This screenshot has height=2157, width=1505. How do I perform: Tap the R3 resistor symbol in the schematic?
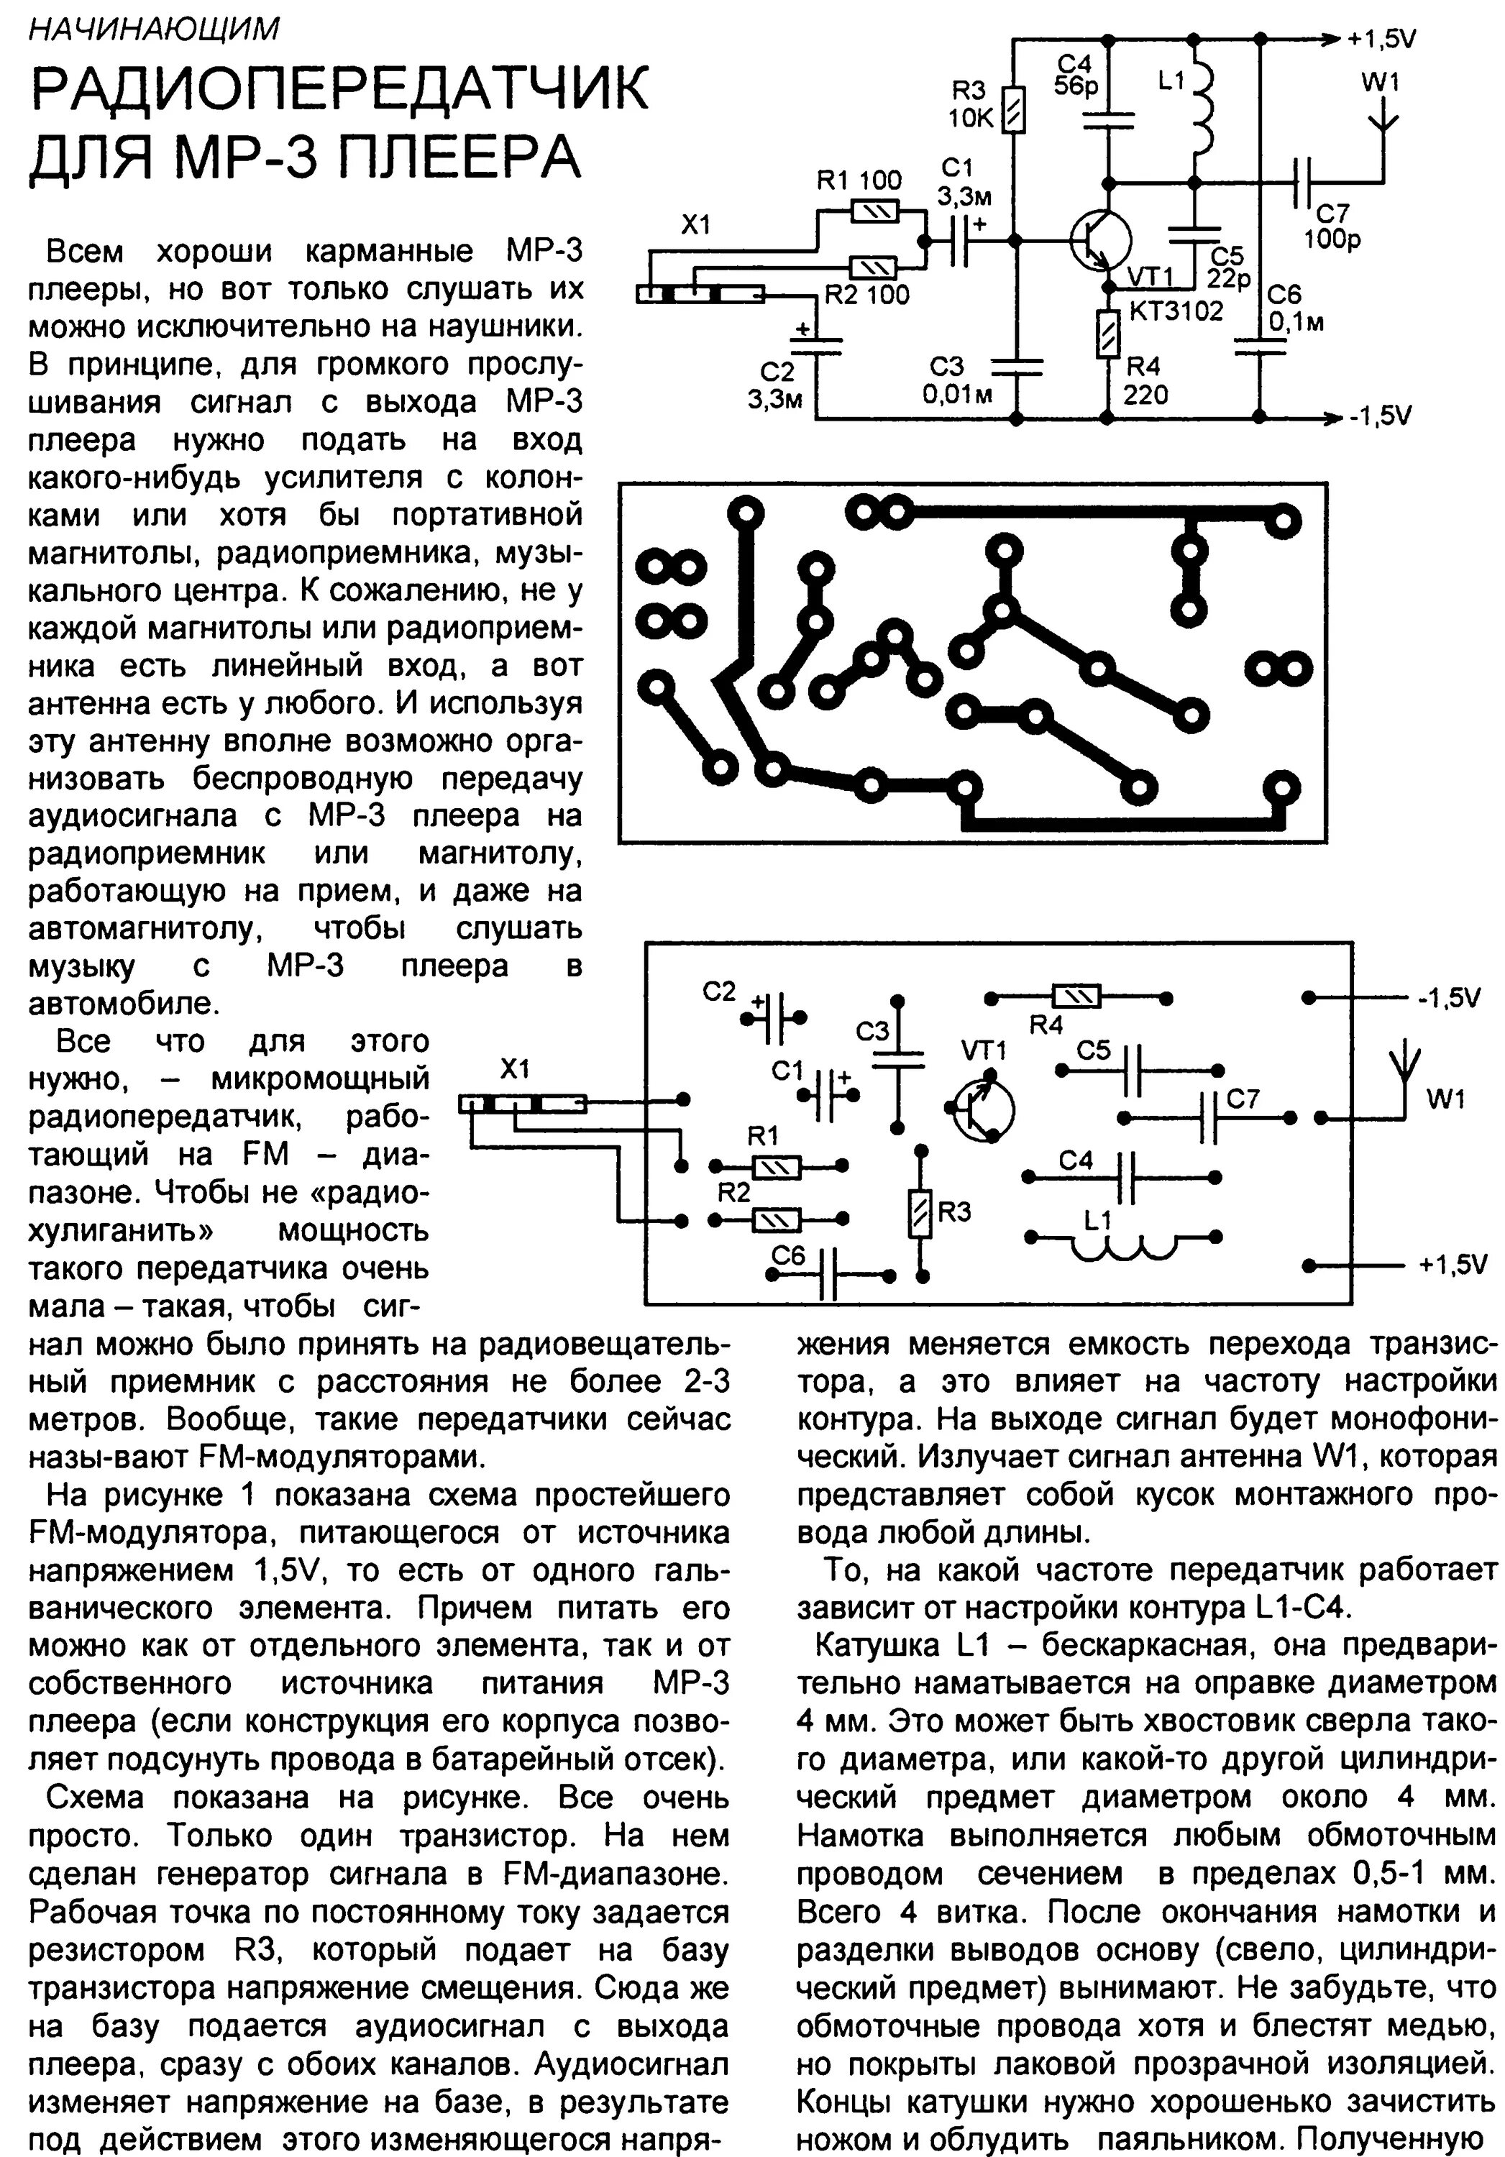click(x=1015, y=110)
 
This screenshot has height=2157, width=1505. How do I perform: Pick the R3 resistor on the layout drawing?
click(x=920, y=1212)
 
